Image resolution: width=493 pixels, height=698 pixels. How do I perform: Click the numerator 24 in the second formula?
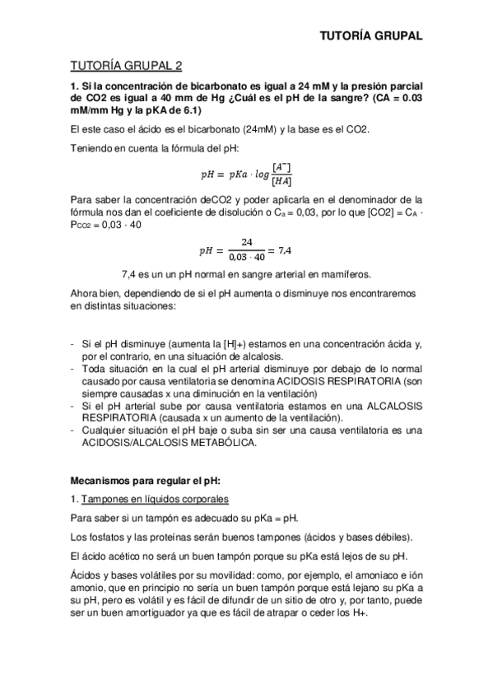246,242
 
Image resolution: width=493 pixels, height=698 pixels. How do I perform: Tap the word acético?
123,556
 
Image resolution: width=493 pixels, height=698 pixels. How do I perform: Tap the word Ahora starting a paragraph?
87,293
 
